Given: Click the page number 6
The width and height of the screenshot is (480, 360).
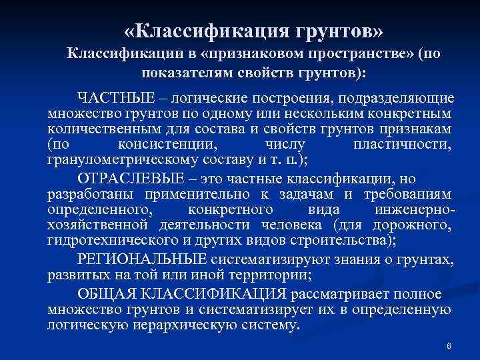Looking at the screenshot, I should (449, 346).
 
